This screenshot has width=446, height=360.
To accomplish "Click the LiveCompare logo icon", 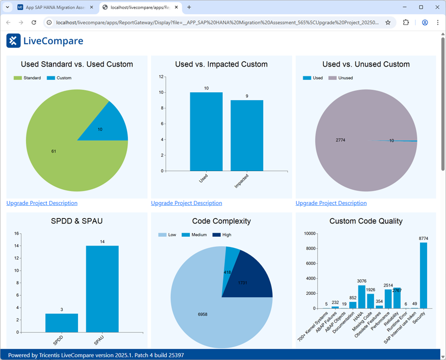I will coord(13,41).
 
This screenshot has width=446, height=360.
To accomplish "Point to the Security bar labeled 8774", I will coord(423,275).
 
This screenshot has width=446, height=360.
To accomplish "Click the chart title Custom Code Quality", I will coord(366,221).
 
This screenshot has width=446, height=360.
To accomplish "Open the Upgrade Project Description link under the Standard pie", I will coord(42,203).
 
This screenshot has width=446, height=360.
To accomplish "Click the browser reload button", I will coord(34,22).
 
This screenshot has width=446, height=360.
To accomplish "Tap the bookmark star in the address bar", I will coord(388,22).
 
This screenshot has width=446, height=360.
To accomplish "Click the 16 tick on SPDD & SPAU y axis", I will coord(16,234).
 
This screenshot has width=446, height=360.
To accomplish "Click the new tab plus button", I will coord(189,7).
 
